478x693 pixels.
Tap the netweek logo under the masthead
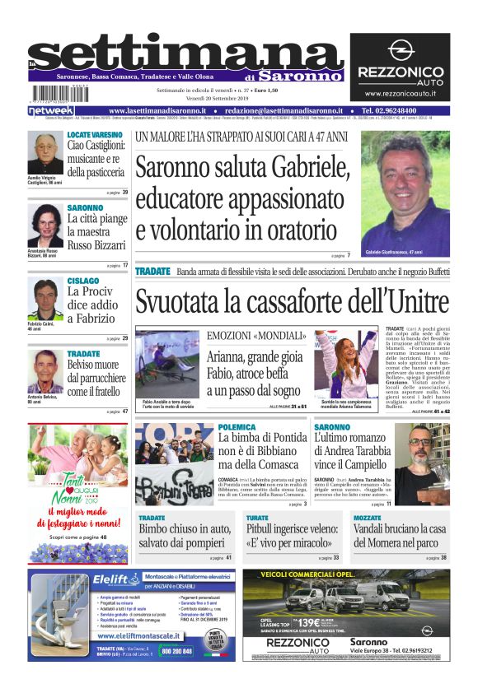point(51,110)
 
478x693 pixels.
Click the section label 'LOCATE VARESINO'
point(95,134)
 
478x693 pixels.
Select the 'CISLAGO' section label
point(82,281)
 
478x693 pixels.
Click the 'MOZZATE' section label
point(368,518)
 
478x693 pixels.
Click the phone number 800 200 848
point(176,650)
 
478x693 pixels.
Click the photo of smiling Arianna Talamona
point(345,365)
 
